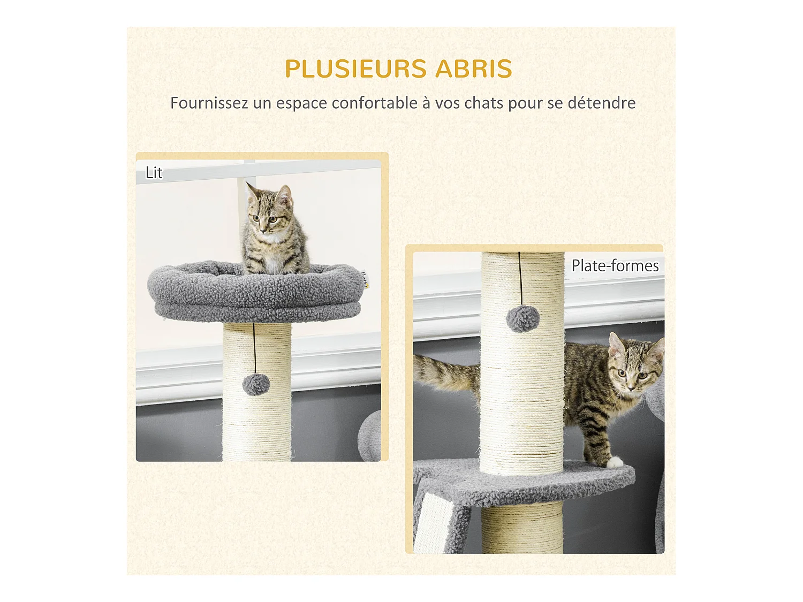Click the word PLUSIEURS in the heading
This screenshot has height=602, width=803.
click(355, 69)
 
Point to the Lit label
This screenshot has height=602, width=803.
click(154, 173)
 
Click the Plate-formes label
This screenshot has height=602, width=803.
click(615, 265)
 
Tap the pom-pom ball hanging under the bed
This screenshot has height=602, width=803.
click(256, 384)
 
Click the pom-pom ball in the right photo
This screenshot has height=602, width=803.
click(522, 319)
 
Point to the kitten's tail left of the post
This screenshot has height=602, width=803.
click(444, 372)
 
